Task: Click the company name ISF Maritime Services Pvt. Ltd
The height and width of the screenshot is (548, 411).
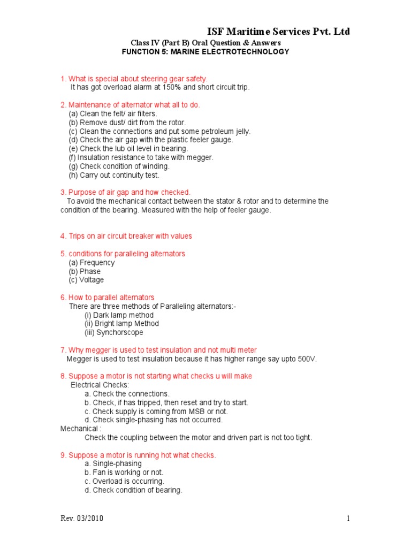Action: coord(278,32)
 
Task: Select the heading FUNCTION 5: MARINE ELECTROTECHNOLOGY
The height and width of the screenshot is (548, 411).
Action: coord(206,52)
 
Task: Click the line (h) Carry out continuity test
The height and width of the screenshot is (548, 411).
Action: coord(114,175)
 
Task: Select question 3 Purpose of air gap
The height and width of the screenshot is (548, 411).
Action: coord(125,192)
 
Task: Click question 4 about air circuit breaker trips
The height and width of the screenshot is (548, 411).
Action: coord(126,236)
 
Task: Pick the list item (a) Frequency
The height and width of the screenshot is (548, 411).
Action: coord(92,263)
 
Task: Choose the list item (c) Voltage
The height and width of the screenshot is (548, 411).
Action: coord(86,280)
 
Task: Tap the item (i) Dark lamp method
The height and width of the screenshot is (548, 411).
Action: coord(119,315)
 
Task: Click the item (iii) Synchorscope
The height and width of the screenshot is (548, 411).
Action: coord(114,332)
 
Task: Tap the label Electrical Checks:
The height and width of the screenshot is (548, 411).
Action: coord(100,385)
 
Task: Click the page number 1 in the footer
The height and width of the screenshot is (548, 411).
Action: coord(348,519)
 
